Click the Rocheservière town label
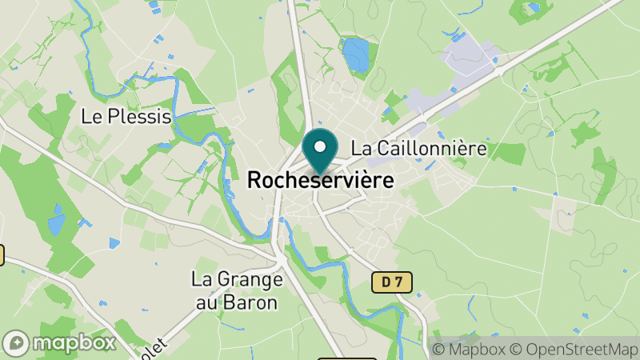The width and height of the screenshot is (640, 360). point(320,181)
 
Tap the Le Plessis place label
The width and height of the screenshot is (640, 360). point(126,117)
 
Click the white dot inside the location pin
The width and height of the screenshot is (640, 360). point(320,147)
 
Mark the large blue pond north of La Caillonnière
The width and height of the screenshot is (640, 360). point(355,54)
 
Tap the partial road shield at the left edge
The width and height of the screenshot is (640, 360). point(2,255)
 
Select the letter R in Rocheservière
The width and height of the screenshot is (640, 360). point(254,181)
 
